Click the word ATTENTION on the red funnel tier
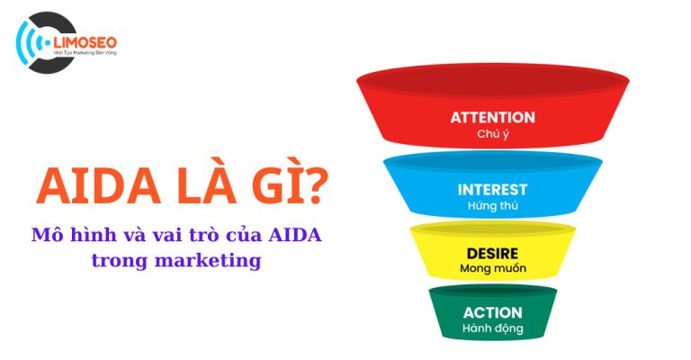[x=492, y=118]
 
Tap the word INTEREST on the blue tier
[x=492, y=190]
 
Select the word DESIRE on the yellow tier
[x=492, y=253]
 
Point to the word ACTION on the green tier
[x=492, y=312]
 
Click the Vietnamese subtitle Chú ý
[x=492, y=134]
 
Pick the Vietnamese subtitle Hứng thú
[x=492, y=206]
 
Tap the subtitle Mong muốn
[x=492, y=268]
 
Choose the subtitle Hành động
[x=492, y=328]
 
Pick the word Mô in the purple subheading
[x=45, y=236]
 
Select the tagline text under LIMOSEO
[x=85, y=54]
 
